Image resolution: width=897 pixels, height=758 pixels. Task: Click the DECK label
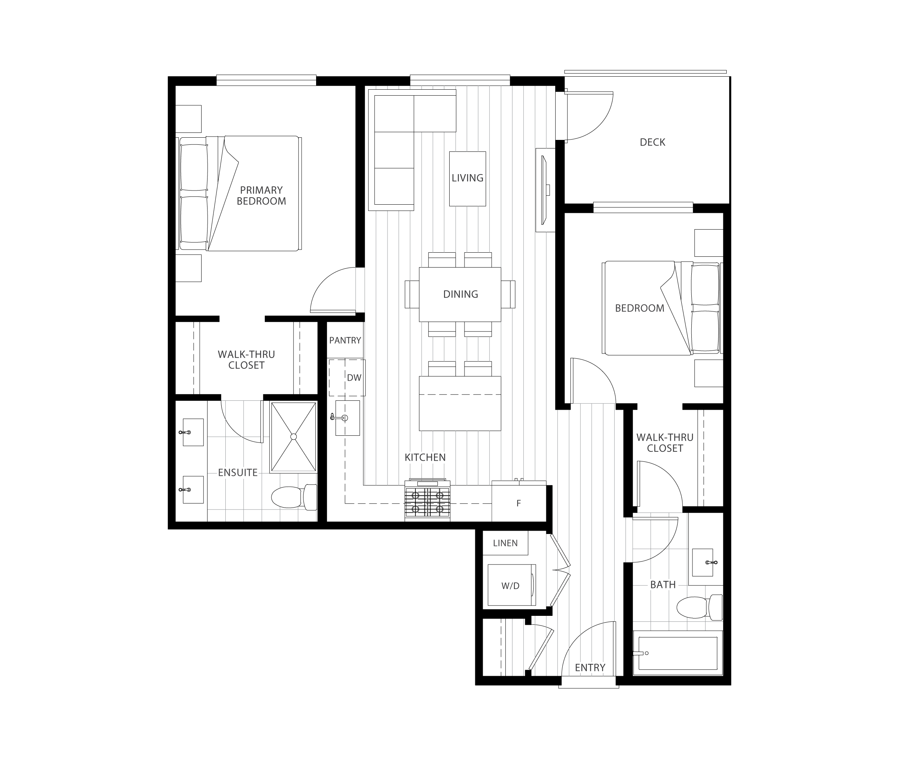[652, 142]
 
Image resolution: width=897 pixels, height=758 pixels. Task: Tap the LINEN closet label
[505, 543]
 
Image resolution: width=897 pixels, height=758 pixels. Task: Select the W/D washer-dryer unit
[511, 585]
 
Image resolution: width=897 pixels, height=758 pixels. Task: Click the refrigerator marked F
[519, 503]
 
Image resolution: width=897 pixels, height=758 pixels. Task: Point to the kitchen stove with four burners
[427, 500]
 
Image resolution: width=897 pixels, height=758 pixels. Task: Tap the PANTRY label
[345, 340]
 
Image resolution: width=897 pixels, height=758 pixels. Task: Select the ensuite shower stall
[294, 436]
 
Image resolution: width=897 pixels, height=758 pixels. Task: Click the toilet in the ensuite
[294, 497]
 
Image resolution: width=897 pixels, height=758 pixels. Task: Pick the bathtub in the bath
[678, 653]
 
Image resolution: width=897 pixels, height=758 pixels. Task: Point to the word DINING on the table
[460, 294]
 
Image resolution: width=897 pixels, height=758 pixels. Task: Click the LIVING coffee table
[467, 178]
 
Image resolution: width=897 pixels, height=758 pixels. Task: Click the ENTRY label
[590, 667]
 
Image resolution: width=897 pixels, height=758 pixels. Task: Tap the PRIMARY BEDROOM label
[261, 195]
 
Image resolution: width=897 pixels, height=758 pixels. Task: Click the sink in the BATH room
[703, 562]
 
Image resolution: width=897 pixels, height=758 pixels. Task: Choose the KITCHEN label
[425, 457]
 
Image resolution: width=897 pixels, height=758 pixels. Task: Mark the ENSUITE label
[238, 473]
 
